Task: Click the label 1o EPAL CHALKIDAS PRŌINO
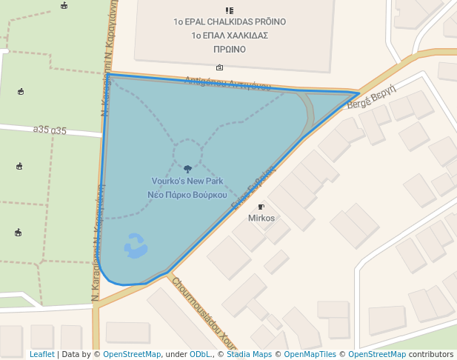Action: click(x=229, y=22)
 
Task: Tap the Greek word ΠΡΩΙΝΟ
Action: click(x=229, y=50)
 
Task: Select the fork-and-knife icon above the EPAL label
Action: click(x=229, y=10)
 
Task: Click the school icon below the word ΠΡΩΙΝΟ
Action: click(x=219, y=67)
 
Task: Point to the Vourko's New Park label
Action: click(x=187, y=181)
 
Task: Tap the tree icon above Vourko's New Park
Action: click(x=187, y=169)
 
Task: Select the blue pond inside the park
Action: click(x=136, y=246)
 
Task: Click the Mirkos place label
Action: click(x=261, y=219)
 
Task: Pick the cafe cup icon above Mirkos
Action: click(x=261, y=207)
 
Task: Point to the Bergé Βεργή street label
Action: click(x=372, y=95)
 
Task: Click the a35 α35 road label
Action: click(x=50, y=130)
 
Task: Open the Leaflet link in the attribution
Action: click(x=41, y=355)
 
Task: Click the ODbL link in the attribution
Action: click(x=199, y=355)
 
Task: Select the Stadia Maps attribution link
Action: click(x=248, y=355)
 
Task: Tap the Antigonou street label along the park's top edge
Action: click(x=227, y=83)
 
